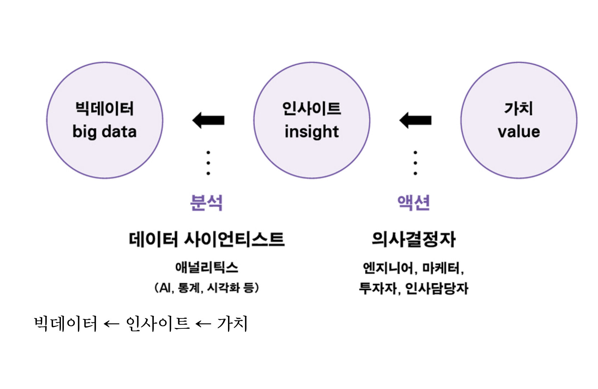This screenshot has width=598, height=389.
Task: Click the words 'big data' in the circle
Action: click(104, 132)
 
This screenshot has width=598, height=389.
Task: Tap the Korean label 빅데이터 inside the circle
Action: click(104, 109)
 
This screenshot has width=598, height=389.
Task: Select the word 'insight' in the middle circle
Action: click(312, 132)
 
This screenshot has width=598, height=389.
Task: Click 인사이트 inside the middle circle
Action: click(312, 109)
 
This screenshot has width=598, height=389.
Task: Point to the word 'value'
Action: click(519, 132)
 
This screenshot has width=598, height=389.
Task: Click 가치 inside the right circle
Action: click(518, 109)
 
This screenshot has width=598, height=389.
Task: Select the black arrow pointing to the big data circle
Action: click(208, 120)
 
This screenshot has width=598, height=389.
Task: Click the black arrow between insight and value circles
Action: click(416, 120)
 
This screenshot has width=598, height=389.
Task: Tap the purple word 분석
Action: click(206, 203)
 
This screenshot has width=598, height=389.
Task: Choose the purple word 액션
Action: click(413, 203)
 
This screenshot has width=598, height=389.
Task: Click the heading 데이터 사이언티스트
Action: click(207, 239)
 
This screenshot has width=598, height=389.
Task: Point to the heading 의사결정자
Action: click(413, 239)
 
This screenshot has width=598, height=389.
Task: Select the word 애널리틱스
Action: click(207, 267)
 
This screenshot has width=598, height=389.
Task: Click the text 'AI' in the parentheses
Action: click(165, 288)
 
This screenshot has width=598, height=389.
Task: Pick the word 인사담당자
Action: click(436, 288)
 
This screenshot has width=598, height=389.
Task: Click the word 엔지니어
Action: click(388, 268)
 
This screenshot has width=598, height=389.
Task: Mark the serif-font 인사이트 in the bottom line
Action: click(157, 323)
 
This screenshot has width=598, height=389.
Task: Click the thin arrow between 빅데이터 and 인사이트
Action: click(111, 324)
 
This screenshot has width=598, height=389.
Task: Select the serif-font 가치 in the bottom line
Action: click(232, 323)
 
